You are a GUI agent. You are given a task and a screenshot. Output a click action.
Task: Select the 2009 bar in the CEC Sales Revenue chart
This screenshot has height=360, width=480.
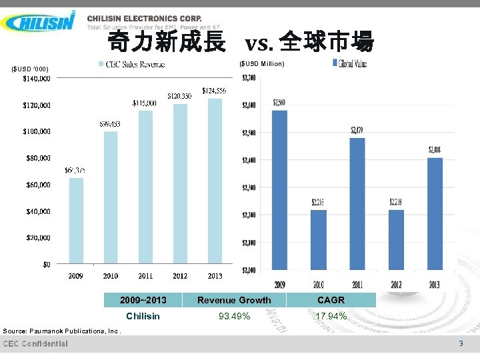tap(76, 220)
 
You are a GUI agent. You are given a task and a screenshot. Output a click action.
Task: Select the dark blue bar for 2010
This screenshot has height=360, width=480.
tap(319, 240)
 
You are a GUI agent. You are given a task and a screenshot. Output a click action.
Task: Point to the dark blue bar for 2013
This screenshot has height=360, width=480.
tap(435, 213)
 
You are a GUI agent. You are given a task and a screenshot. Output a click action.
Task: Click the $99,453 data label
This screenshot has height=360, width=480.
tap(111, 124)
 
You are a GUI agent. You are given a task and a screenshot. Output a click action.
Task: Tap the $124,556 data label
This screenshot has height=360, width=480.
tap(214, 91)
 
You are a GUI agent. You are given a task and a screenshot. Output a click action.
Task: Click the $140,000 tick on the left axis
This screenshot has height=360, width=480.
tap(37, 79)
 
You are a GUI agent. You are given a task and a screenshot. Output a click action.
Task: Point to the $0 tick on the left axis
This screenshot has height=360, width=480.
tap(46, 265)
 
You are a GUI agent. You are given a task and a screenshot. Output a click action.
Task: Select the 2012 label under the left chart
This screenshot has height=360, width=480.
tap(180, 276)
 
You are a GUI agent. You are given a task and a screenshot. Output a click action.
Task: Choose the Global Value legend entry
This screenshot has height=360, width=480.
tap(349, 64)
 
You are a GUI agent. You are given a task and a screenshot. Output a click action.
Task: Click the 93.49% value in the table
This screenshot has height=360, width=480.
tap(234, 316)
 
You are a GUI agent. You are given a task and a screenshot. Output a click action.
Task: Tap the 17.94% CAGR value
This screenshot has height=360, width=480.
tap(331, 316)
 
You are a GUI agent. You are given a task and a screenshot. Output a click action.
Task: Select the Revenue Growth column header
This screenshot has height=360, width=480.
tap(234, 300)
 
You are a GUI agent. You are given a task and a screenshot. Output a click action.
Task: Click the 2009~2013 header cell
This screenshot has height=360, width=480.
tap(143, 300)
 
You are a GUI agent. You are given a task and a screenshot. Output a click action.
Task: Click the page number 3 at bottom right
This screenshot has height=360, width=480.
tap(460, 343)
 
